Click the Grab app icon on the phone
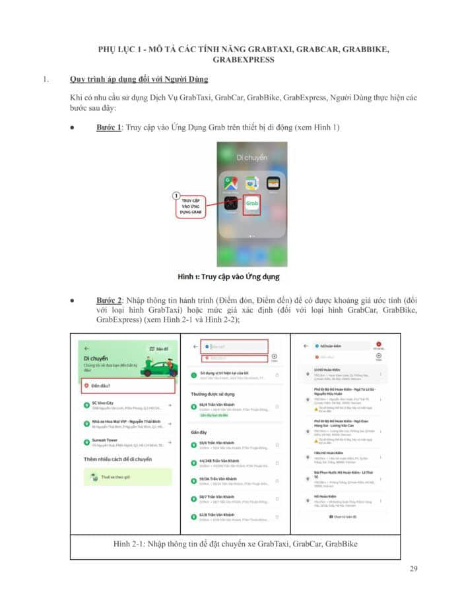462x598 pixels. (x=253, y=205)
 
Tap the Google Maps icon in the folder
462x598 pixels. (x=230, y=183)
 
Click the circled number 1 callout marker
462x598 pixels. (x=176, y=195)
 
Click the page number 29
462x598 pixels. (x=413, y=569)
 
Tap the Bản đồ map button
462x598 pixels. (x=159, y=349)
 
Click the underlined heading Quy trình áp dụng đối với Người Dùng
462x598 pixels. (x=139, y=80)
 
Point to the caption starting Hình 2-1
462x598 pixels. (x=235, y=544)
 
